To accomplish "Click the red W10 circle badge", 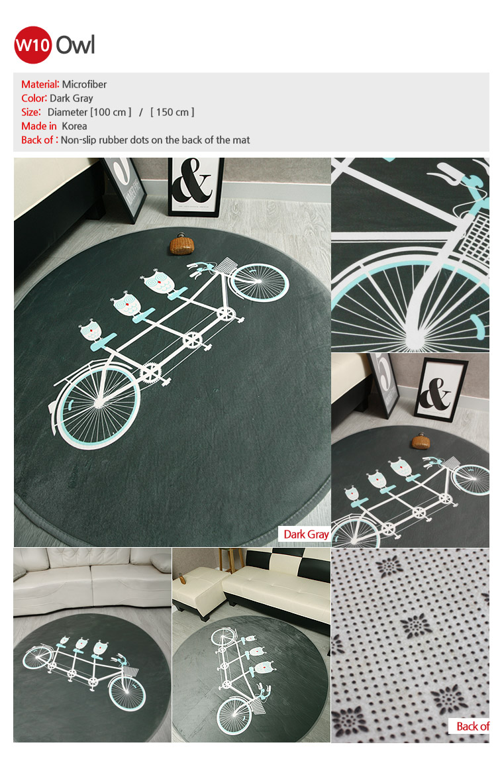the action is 32,45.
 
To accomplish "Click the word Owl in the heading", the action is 75,45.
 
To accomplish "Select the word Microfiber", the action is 84,84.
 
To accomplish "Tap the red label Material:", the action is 40,84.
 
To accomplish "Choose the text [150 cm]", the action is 172,112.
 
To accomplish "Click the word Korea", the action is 74,126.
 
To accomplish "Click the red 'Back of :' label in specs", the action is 40,140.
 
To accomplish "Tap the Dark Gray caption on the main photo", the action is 306,534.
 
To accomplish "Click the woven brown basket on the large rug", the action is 182,244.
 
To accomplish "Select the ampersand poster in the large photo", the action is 195,187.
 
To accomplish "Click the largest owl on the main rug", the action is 158,281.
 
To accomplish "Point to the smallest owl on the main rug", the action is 91,331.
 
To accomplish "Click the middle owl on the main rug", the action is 126,305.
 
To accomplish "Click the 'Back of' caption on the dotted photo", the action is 472,727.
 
